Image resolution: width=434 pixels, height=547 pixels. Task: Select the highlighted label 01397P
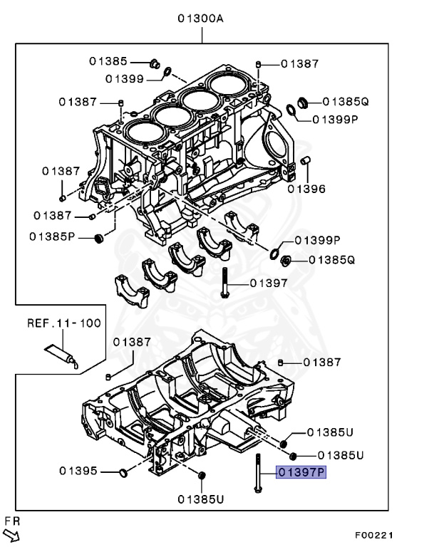point(301,472)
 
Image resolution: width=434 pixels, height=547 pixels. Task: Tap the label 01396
point(306,189)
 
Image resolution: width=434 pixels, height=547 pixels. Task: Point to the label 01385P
point(52,236)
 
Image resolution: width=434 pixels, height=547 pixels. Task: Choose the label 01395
point(78,471)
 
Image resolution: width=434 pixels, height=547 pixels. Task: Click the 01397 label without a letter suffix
point(269,283)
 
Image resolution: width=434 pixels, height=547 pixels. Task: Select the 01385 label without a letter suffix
point(108,61)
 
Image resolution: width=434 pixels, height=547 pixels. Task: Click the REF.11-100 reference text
point(63,323)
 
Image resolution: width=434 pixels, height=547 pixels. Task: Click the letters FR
point(11,521)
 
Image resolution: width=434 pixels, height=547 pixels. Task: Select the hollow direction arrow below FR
point(11,535)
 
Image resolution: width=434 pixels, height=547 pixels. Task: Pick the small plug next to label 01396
point(304,161)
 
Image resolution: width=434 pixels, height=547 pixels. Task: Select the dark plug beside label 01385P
point(99,236)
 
